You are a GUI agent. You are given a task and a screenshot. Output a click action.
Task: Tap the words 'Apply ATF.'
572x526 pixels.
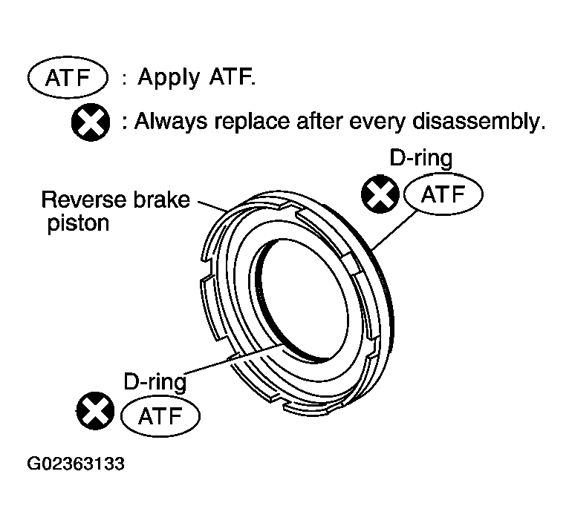coord(196,78)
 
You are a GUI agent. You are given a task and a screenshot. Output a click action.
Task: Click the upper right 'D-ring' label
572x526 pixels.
coord(420,158)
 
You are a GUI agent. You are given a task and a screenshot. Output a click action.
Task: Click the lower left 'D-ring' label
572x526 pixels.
coord(154,381)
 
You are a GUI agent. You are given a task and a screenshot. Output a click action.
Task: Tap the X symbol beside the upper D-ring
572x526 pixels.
coord(380,195)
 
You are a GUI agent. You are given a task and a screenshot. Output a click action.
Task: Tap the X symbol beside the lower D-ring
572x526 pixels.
coord(96,411)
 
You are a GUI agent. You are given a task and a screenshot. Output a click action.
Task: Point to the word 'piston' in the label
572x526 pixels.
coord(78,223)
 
